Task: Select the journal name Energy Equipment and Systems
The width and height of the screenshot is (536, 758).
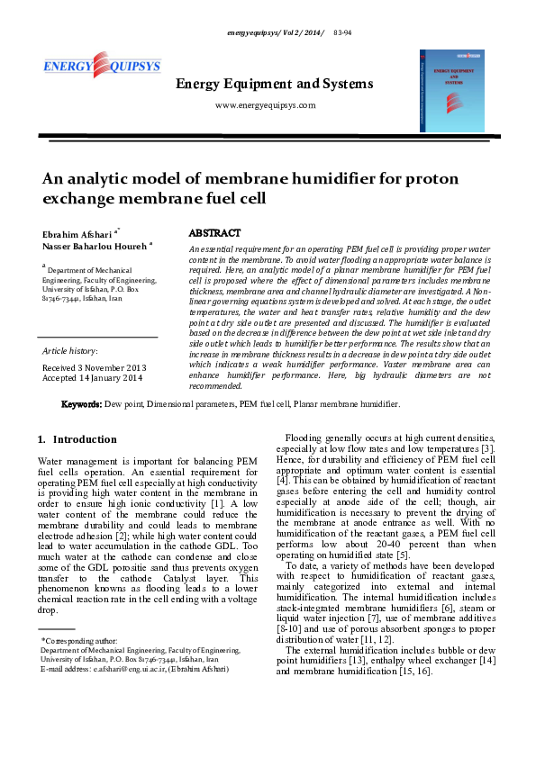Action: (274, 85)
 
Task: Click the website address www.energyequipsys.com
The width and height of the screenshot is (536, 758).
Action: (266, 105)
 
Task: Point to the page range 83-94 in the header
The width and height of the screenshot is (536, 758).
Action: (342, 32)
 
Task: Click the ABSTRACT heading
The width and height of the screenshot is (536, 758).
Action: (214, 233)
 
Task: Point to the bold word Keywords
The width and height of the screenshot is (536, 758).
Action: (80, 404)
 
